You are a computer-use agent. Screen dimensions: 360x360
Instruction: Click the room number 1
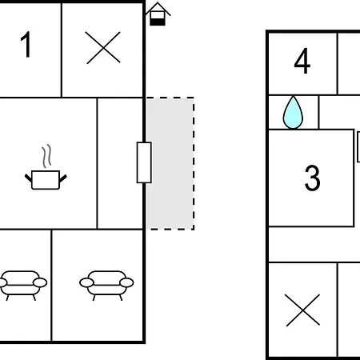(x=26, y=44)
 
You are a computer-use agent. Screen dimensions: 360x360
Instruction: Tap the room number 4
(x=302, y=61)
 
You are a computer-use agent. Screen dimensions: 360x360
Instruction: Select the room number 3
(x=312, y=178)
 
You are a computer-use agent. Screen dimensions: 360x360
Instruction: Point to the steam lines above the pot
(x=46, y=156)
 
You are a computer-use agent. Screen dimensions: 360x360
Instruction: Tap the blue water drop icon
(x=293, y=112)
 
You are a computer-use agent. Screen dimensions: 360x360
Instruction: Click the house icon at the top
(x=158, y=14)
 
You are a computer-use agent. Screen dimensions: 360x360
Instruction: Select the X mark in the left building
(x=103, y=48)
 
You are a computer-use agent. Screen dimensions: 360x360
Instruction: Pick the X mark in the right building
(x=302, y=310)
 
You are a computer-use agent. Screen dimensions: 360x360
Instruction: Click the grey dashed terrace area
(x=170, y=163)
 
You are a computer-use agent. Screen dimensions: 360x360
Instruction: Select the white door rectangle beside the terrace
(x=144, y=162)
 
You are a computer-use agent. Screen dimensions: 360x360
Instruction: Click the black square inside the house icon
(x=158, y=22)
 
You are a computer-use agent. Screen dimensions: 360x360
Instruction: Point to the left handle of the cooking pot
(x=28, y=178)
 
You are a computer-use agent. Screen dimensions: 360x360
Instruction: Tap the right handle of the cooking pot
(x=63, y=178)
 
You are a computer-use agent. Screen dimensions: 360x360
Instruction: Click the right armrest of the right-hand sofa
(x=126, y=282)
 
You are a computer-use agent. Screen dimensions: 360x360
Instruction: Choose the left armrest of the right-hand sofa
(x=86, y=282)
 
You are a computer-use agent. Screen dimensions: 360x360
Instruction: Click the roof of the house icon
(x=158, y=7)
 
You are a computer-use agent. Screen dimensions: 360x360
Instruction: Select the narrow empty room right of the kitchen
(x=120, y=163)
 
